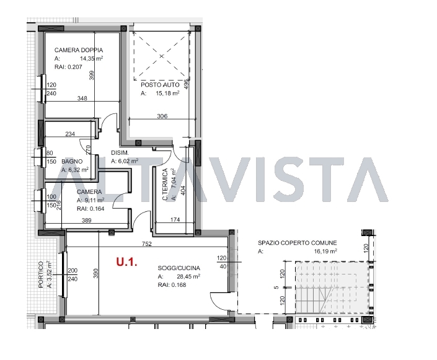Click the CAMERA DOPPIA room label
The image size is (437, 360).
[x=79, y=50]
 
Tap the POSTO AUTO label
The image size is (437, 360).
[x=160, y=85]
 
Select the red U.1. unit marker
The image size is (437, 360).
[x=127, y=262]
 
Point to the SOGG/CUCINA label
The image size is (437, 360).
[x=179, y=268]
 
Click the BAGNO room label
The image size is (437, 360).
[x=72, y=161]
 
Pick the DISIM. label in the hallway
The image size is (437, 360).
[x=120, y=152]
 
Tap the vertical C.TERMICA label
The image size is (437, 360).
[x=165, y=184]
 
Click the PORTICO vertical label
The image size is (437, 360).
[x=41, y=274]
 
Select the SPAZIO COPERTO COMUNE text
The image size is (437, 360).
[x=298, y=243]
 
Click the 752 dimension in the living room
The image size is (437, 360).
[x=147, y=244]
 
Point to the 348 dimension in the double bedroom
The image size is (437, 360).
[x=82, y=98]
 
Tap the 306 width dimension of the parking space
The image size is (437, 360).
[x=162, y=116]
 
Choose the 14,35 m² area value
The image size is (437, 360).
[x=91, y=58]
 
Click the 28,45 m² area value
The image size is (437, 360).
[x=188, y=276]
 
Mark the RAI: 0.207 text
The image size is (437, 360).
[x=68, y=67]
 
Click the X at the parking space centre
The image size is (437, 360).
[x=162, y=56]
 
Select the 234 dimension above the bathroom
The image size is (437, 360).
[x=70, y=134]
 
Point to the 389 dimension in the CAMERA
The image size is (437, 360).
[x=86, y=220]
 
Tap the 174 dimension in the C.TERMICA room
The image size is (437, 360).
[x=175, y=219]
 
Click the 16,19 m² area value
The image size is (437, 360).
[x=325, y=252]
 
